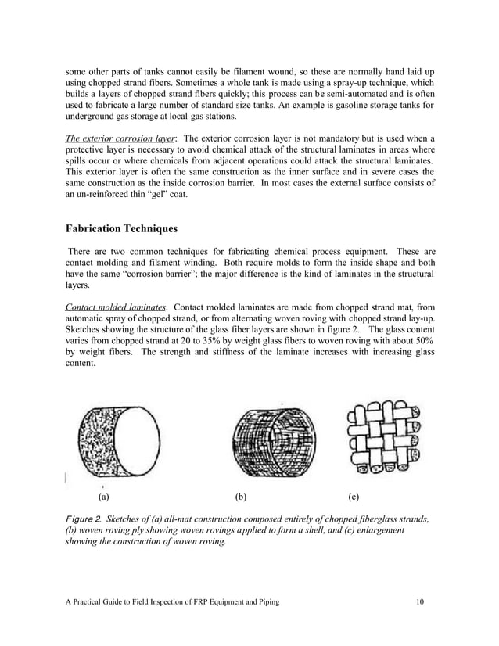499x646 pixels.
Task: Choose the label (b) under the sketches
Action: (241, 497)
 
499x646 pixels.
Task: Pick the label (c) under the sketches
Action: (354, 497)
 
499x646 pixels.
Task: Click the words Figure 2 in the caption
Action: (82, 519)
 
